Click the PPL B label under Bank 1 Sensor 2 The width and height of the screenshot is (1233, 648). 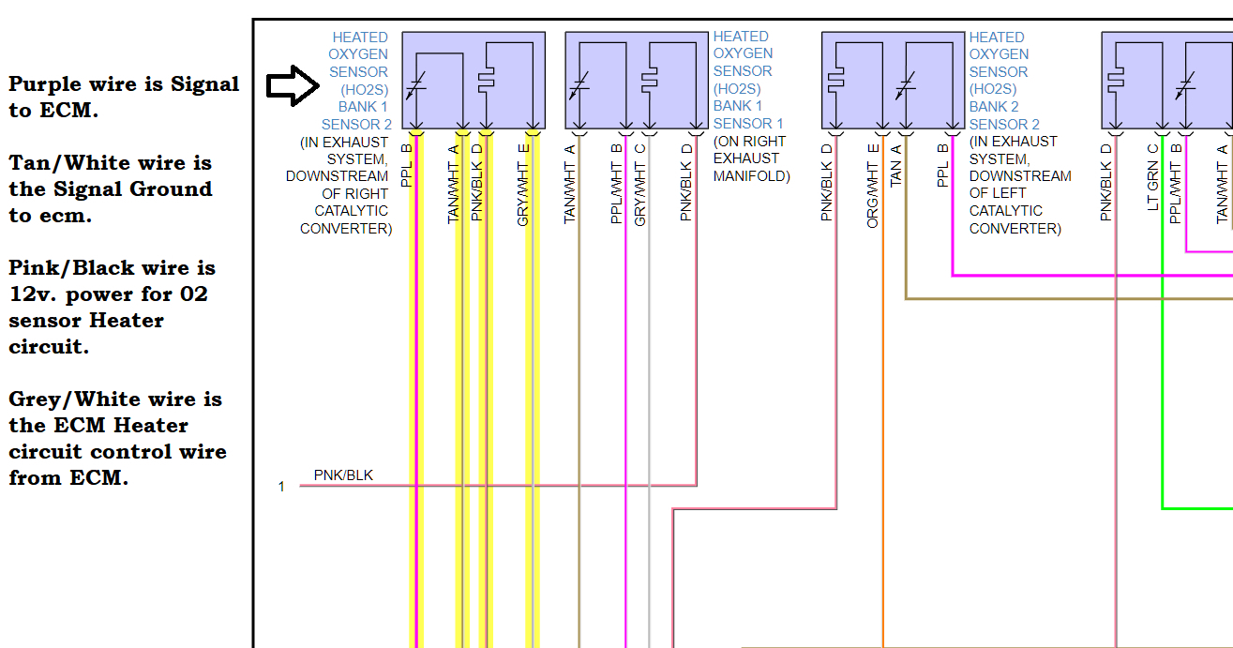pyautogui.click(x=406, y=165)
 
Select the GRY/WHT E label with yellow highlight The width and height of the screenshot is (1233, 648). pyautogui.click(x=523, y=184)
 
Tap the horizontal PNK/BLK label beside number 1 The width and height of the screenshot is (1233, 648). pyautogui.click(x=343, y=475)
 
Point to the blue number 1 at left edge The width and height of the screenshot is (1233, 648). pyautogui.click(x=281, y=487)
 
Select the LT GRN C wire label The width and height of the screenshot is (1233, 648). pyautogui.click(x=1153, y=177)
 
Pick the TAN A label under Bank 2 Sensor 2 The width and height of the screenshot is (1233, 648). pyautogui.click(x=896, y=165)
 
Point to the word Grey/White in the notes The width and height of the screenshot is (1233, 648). pyautogui.click(x=69, y=399)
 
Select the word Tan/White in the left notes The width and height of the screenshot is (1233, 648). pyautogui.click(x=64, y=163)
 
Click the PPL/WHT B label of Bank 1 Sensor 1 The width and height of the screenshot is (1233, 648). pyautogui.click(x=617, y=184)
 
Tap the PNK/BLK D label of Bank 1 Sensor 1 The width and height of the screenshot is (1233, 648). pyautogui.click(x=686, y=183)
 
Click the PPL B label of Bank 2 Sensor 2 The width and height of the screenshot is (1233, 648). pyautogui.click(x=943, y=165)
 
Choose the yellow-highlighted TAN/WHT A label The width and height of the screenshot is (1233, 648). pyautogui.click(x=454, y=184)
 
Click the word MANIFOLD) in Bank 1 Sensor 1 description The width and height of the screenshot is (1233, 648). pyautogui.click(x=751, y=176)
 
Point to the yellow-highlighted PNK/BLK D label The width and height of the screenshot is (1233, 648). pyautogui.click(x=477, y=183)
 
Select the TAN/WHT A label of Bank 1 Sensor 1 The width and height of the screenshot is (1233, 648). pyautogui.click(x=570, y=184)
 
